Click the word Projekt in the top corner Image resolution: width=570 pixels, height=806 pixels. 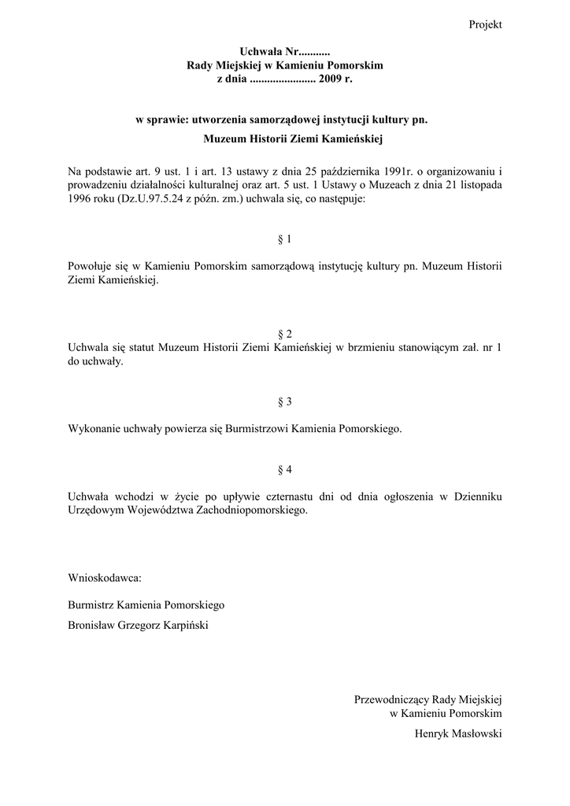coord(485,25)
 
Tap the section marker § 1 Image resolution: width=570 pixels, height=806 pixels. coord(285,238)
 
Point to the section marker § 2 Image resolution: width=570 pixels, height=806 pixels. coord(285,334)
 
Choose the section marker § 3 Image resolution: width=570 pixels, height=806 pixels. coord(285,401)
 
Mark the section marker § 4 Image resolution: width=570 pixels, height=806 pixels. coord(285,469)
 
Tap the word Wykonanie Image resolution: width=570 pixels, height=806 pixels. coord(97,429)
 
